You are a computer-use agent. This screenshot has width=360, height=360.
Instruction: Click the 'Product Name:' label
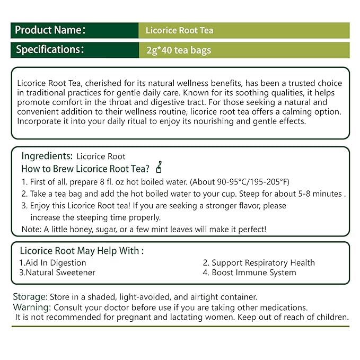click(50, 30)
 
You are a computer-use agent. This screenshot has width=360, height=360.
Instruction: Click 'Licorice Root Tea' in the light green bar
click(179, 31)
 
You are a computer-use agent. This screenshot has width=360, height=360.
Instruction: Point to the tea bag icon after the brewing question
click(159, 169)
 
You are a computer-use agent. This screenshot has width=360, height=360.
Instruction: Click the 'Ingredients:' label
click(47, 156)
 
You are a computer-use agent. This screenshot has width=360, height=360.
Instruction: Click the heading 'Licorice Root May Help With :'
click(82, 251)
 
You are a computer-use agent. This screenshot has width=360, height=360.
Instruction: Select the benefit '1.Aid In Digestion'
click(52, 262)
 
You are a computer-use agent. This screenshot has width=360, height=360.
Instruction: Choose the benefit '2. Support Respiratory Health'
click(259, 262)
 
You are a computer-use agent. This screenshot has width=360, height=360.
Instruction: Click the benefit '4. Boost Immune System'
click(249, 273)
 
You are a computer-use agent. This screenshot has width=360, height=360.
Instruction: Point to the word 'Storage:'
click(30, 296)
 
